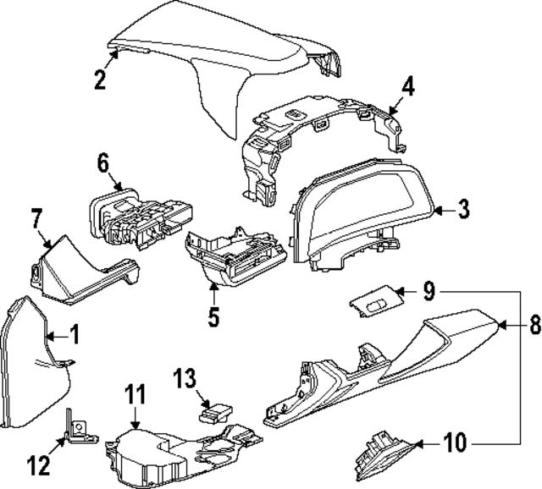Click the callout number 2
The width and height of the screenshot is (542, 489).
(100, 80)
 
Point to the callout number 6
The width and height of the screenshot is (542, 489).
(103, 163)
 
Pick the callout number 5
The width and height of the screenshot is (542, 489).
(213, 317)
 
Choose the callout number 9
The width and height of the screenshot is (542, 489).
(429, 292)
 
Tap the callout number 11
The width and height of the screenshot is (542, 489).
(136, 394)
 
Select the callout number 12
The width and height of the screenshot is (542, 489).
(39, 464)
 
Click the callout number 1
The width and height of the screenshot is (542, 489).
(75, 335)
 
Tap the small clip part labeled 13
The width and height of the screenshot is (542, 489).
(214, 414)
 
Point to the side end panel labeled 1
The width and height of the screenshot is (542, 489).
(30, 364)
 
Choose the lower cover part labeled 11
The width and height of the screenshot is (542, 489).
(169, 453)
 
